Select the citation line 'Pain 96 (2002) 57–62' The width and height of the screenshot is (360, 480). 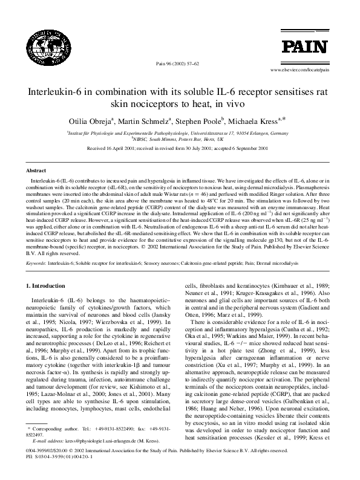click(178, 63)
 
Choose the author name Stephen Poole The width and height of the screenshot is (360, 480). click(203, 118)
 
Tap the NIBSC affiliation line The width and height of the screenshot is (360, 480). click(180, 138)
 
